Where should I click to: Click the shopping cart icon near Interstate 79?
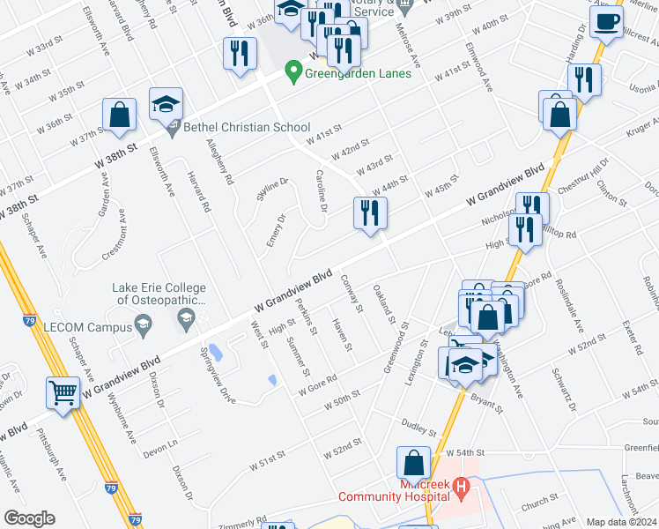point(63,393)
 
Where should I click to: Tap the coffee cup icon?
point(605,22)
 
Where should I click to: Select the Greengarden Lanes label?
point(358,73)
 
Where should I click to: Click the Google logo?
point(29,518)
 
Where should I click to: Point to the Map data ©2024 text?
point(621,522)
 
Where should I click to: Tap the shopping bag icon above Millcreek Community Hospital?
point(413,463)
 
